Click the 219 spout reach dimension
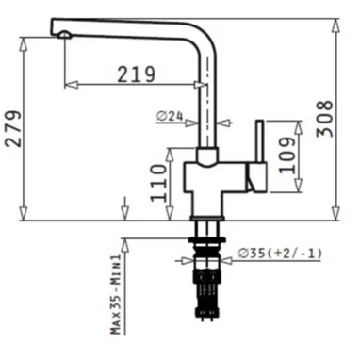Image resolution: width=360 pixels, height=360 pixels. pos(137,74)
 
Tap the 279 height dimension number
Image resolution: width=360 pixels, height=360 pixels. pos(13,129)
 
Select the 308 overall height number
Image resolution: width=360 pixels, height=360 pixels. pos(324,119)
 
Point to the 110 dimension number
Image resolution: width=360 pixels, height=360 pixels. pos(158,183)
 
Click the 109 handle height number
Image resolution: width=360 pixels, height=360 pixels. pos(287,155)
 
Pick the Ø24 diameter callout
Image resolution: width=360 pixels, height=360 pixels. pos(170,117)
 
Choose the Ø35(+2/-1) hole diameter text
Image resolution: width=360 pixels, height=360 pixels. pos(280,254)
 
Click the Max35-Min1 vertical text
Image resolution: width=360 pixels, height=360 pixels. pos(116,294)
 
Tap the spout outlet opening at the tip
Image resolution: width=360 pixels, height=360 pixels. pos(65,35)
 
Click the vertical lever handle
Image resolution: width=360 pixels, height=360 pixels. pos(260,141)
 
